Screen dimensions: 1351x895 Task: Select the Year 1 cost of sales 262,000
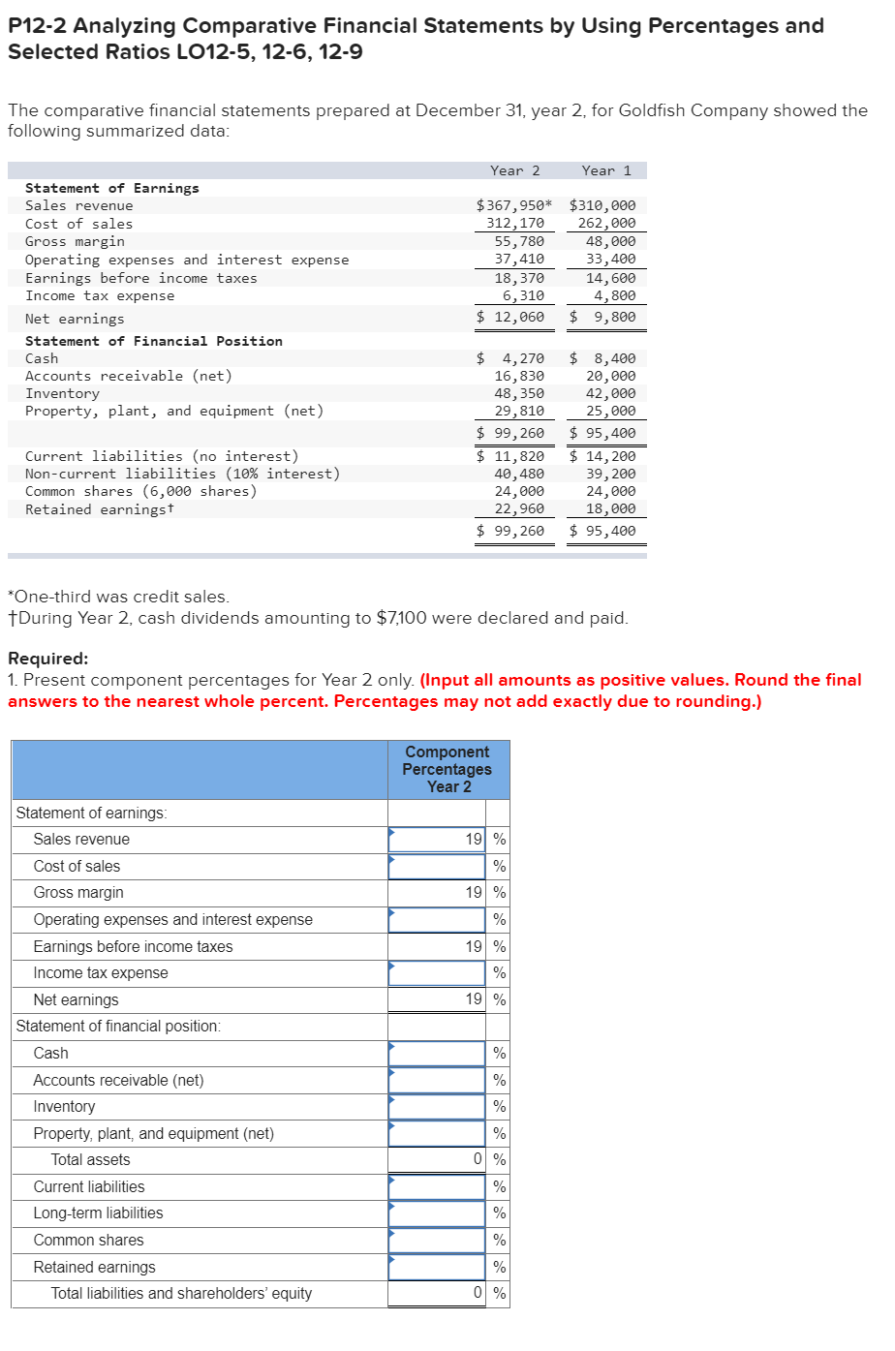pyautogui.click(x=606, y=224)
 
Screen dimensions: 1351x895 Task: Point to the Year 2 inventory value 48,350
pyautogui.click(x=519, y=393)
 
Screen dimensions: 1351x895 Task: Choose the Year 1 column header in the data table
pyautogui.click(x=606, y=170)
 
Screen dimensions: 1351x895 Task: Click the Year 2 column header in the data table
pyautogui.click(x=514, y=170)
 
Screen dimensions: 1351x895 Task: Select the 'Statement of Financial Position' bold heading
pyautogui.click(x=154, y=341)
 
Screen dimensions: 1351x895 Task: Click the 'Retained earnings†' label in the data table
pyautogui.click(x=100, y=509)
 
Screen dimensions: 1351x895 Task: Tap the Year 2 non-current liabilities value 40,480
pyautogui.click(x=519, y=474)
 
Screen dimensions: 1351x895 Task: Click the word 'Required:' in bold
pyautogui.click(x=47, y=659)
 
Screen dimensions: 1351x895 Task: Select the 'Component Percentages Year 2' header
pyautogui.click(x=447, y=770)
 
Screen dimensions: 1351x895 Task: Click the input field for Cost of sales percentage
pyautogui.click(x=437, y=866)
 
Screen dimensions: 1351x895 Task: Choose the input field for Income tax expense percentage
pyautogui.click(x=437, y=972)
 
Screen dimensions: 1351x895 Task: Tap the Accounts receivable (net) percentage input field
pyautogui.click(x=437, y=1080)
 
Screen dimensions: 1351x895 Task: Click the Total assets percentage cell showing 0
pyautogui.click(x=437, y=1159)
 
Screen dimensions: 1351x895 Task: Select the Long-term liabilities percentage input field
pyautogui.click(x=437, y=1213)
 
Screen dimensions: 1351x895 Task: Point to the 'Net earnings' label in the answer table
pyautogui.click(x=76, y=999)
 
